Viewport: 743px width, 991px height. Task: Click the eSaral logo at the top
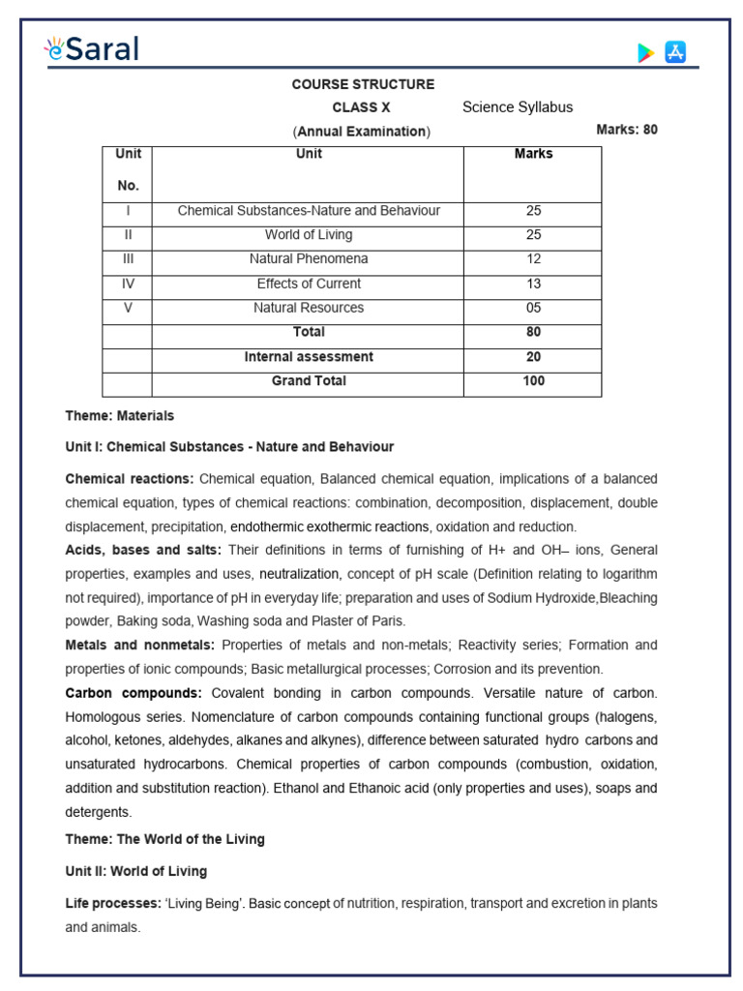[93, 48]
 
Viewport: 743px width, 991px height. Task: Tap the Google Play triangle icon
[645, 53]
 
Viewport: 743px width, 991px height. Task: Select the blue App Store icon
[675, 52]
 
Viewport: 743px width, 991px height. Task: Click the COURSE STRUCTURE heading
[363, 84]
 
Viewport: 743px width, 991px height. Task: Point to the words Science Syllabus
[517, 107]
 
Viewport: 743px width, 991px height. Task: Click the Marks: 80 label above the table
[627, 130]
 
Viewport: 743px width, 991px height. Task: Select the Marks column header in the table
[533, 154]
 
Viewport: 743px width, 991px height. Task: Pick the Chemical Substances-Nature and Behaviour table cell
[309, 211]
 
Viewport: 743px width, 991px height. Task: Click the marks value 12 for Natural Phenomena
[533, 259]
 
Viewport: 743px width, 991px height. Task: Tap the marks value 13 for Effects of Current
[533, 284]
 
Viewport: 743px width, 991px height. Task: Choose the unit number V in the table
[128, 308]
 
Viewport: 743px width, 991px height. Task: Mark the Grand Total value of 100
[533, 381]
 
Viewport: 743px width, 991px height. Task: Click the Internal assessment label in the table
[309, 357]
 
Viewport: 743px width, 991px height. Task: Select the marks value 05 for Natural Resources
[533, 308]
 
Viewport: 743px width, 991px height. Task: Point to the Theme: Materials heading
[120, 416]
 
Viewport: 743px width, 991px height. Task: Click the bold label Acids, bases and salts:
[143, 550]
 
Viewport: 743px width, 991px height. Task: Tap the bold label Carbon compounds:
[134, 693]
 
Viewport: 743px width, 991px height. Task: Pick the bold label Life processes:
[113, 903]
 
